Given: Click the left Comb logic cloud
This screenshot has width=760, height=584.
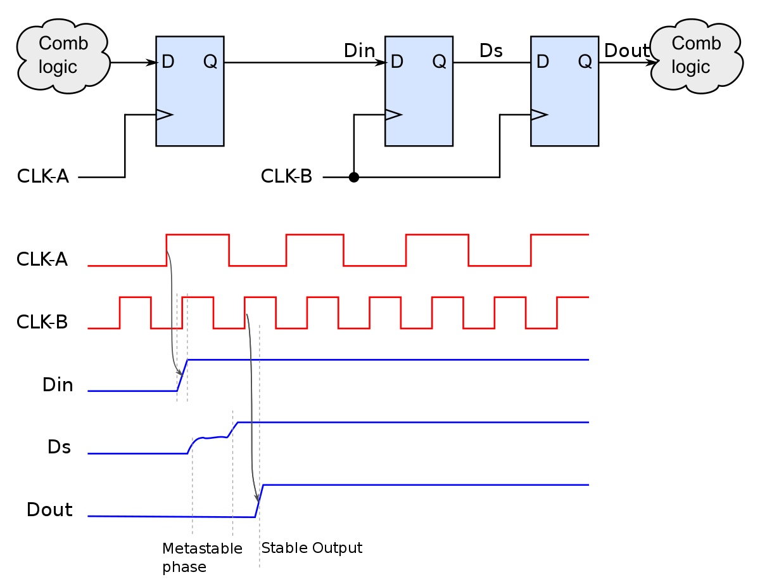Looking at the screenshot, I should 63,56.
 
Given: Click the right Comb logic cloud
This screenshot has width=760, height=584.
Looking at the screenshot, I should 696,56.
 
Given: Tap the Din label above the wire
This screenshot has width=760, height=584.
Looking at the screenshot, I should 359,51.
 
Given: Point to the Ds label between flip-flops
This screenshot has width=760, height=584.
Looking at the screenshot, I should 491,51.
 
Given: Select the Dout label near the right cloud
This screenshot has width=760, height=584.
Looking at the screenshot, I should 626,51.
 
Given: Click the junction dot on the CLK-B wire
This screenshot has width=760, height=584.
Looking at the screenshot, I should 354,178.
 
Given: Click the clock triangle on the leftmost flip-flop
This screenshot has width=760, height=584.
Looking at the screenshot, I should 163,115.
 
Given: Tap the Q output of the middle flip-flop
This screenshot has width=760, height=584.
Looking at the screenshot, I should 439,62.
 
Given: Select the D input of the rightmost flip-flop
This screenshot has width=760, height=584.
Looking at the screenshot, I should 542,62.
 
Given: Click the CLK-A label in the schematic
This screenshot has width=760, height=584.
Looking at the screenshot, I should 42,177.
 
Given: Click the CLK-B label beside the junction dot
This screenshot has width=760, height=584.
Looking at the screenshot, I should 286,177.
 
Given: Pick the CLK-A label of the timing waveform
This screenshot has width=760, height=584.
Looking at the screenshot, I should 42,259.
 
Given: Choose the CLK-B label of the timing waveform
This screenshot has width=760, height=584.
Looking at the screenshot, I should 42,322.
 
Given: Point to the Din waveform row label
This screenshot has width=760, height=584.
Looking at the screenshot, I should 58,385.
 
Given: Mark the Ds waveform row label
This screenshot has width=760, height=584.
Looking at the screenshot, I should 59,447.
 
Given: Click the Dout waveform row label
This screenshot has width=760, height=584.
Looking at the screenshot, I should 49,510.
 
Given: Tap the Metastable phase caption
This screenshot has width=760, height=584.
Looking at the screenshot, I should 202,557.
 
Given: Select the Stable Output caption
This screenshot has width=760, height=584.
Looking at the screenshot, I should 312,548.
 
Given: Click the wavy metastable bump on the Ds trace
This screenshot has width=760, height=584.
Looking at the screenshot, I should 210,438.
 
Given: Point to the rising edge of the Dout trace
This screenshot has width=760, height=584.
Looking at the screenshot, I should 259,501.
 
